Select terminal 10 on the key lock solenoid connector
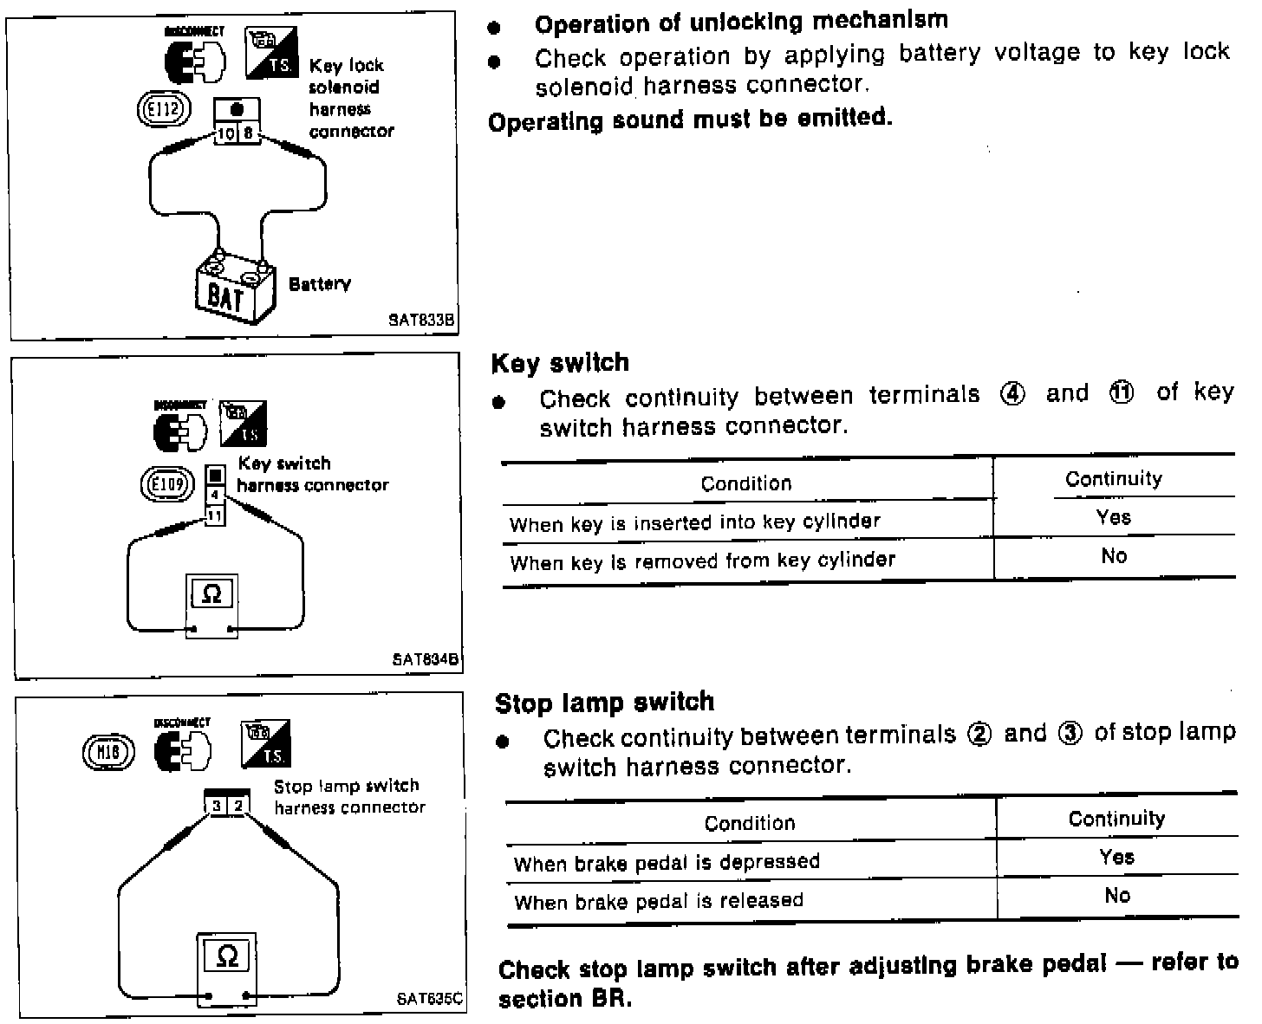[x=225, y=133]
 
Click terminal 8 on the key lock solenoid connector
[x=249, y=133]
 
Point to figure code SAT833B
[x=421, y=320]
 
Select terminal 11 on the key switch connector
[x=214, y=516]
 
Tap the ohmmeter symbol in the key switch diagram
[x=211, y=594]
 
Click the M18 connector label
[x=107, y=753]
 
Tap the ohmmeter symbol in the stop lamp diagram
[x=226, y=956]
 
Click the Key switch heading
[x=560, y=363]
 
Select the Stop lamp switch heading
[x=604, y=703]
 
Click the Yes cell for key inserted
[x=1113, y=517]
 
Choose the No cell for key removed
[x=1114, y=556]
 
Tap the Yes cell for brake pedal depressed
[x=1116, y=857]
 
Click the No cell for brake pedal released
[x=1117, y=896]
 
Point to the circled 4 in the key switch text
[x=1012, y=394]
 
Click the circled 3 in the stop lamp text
[x=1070, y=734]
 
